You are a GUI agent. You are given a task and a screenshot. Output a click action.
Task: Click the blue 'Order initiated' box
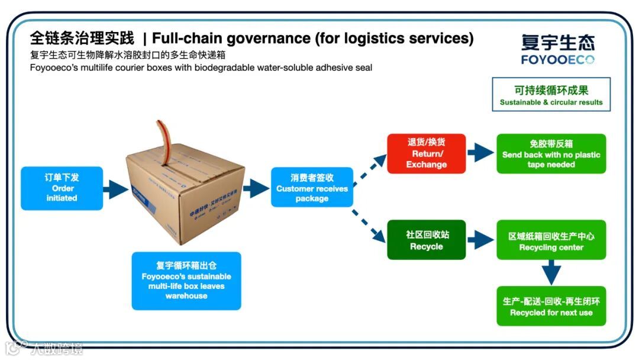62,188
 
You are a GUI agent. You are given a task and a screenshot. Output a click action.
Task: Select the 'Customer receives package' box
312,188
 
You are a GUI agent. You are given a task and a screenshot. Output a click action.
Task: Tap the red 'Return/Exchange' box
426,153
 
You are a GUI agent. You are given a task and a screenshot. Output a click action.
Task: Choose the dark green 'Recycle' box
426,240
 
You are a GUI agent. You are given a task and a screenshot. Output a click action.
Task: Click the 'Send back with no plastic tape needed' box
551,154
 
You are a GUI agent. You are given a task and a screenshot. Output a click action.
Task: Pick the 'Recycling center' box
551,240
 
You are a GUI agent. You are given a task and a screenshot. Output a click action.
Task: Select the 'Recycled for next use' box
551,306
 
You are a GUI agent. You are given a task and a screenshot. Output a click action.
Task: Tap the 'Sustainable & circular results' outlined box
551,95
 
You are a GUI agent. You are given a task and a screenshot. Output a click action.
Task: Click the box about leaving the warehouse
186,281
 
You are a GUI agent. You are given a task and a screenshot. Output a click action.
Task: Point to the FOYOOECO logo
557,49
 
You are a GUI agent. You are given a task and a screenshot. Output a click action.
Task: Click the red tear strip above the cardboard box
160,133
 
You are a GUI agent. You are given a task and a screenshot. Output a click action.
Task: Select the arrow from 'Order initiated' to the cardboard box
115,189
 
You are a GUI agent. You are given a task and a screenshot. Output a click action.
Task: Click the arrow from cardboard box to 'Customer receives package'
256,188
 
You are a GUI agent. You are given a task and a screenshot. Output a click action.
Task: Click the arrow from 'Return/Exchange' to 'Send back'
480,153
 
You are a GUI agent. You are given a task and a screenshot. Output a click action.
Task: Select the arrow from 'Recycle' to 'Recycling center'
480,240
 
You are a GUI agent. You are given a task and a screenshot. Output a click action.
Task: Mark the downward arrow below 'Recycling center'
551,272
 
